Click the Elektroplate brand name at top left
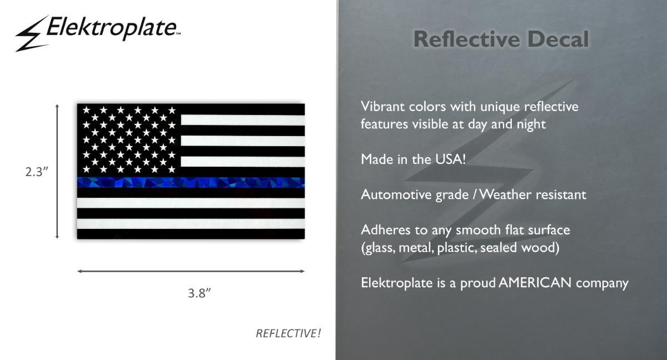pos(112,28)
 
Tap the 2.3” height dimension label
pos(37,172)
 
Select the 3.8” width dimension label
pos(199,293)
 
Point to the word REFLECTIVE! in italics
pos(288,333)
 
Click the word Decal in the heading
pos(558,39)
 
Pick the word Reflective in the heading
pos(466,39)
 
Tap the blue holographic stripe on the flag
pos(191,182)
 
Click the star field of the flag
pos(129,140)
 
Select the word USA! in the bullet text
pos(450,159)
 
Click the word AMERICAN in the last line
pos(535,283)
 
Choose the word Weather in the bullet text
pos(506,194)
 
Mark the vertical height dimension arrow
pos(57,171)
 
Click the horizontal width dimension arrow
pos(191,271)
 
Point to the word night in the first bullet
pos(531,124)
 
